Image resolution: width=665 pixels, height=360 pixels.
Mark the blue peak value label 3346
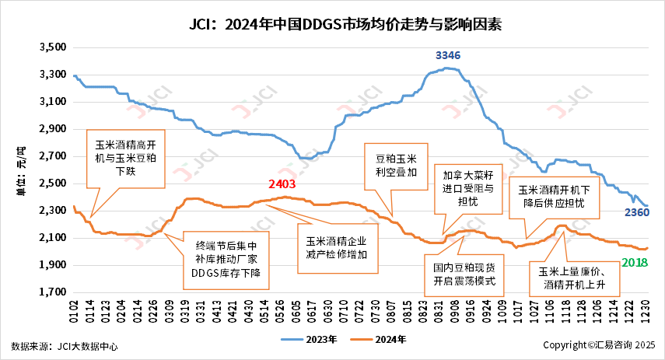tap(448, 55)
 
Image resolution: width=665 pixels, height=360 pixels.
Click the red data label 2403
tap(283, 184)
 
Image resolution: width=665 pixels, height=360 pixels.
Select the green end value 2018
tap(635, 263)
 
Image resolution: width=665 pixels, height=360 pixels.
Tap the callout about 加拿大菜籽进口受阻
tap(467, 189)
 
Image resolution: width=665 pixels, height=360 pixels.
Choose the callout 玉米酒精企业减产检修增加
tap(336, 246)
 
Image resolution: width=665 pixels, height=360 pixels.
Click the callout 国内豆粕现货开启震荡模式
tap(464, 274)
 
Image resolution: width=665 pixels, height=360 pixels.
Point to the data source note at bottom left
tap(65, 345)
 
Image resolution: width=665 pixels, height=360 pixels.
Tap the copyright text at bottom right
tap(599, 344)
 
